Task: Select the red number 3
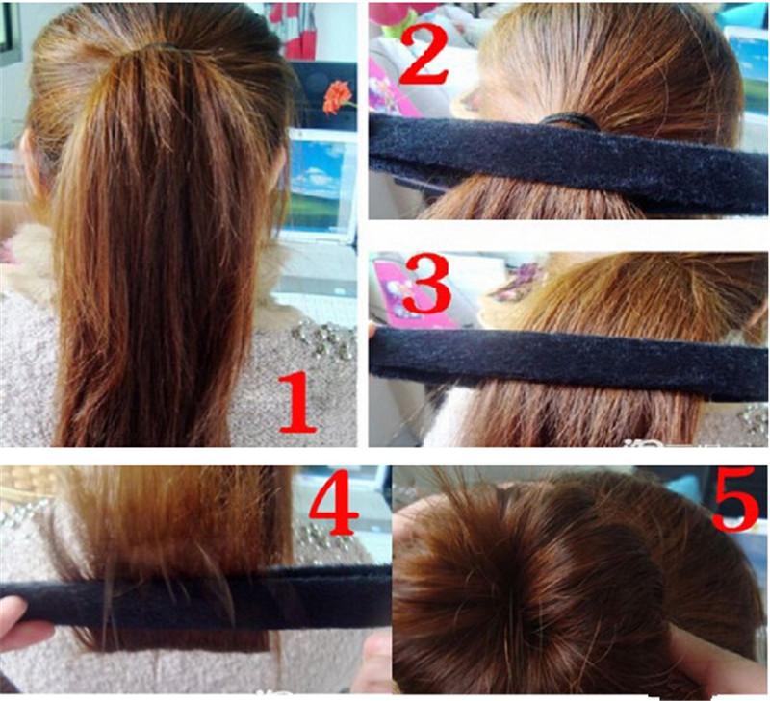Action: coord(426,284)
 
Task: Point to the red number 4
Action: coord(334,503)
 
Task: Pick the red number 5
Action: coord(735,499)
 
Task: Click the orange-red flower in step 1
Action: coord(338,96)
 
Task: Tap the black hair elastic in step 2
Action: coord(570,120)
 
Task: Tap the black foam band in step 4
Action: coord(196,597)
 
